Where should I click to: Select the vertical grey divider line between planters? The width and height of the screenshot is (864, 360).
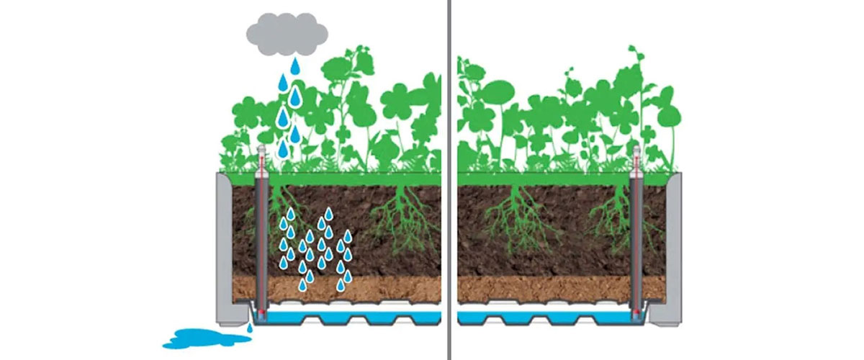[x=449, y=180]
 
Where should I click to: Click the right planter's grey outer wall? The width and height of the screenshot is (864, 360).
[x=675, y=245]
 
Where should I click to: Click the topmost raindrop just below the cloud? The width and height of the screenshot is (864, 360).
[x=294, y=66]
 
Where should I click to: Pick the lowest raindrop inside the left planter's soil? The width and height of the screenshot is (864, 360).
[x=303, y=286]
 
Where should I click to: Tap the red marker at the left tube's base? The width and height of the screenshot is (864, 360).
[x=263, y=315]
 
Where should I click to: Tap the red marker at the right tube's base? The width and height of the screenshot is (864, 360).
[x=636, y=313]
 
